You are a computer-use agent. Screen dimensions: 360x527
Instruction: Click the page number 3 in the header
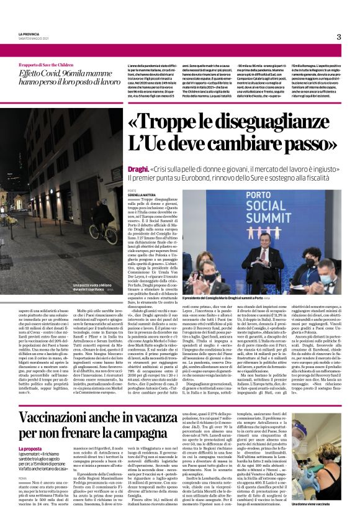coord(339,37)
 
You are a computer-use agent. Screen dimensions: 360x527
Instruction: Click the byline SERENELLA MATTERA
coord(143,195)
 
